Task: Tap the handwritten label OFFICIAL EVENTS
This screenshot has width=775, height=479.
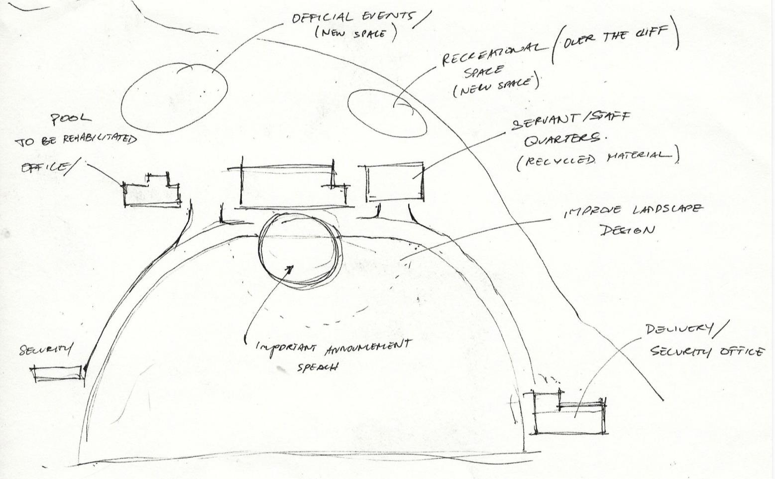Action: pos(352,17)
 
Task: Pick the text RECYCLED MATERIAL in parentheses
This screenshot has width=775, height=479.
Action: pos(597,158)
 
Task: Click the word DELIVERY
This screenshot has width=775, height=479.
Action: pos(680,329)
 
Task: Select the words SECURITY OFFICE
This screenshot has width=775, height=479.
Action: pos(707,352)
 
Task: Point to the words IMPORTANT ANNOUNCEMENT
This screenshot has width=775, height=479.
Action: pos(333,346)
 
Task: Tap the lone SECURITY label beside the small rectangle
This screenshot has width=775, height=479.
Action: pos(45,350)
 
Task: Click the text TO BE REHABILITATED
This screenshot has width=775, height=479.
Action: pos(76,140)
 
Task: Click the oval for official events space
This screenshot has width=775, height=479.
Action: pos(174,98)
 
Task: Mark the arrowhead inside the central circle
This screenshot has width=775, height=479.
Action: pos(289,269)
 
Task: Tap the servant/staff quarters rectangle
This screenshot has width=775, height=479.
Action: pos(395,182)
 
